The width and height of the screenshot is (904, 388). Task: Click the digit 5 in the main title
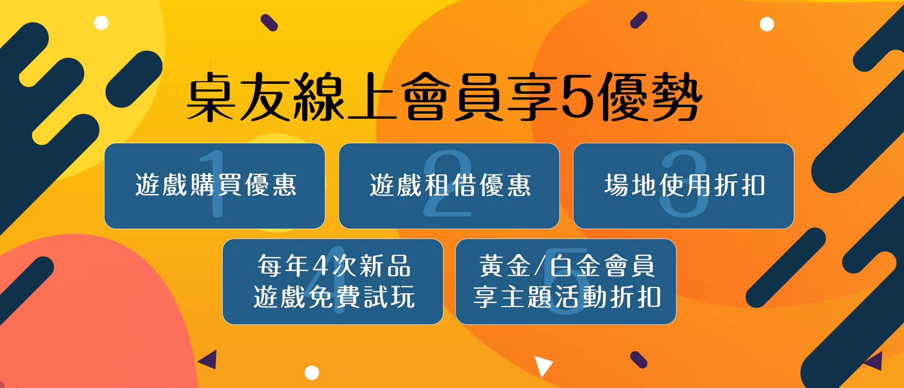click(x=578, y=96)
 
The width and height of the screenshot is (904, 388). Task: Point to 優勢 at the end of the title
click(x=651, y=96)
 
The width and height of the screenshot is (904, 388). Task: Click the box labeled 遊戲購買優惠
click(x=215, y=186)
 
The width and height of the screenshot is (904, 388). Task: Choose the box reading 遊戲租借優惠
click(x=449, y=186)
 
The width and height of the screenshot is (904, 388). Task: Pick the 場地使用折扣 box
click(x=684, y=186)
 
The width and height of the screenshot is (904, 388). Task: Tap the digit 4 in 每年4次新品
click(x=320, y=265)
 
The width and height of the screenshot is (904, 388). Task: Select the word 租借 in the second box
click(x=450, y=185)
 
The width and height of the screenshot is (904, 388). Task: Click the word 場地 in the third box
click(x=631, y=185)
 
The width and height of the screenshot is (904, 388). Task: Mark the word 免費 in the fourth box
click(x=334, y=297)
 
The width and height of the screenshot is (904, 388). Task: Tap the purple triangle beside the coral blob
click(x=209, y=359)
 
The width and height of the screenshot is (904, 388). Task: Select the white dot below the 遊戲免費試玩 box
click(x=312, y=372)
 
